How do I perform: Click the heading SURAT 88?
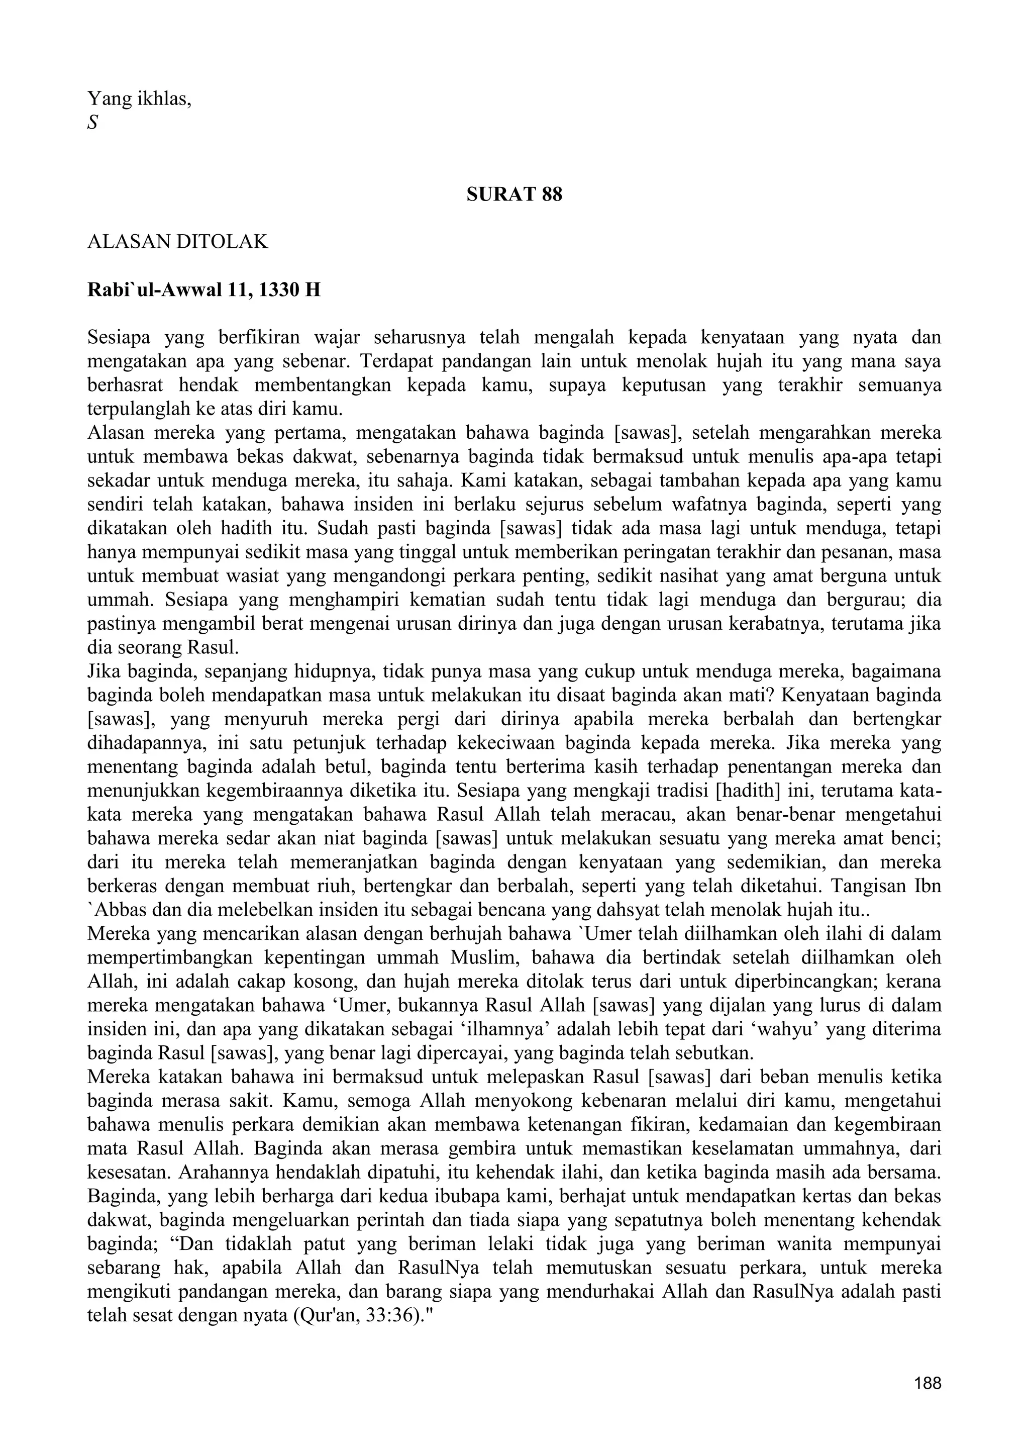pyautogui.click(x=514, y=195)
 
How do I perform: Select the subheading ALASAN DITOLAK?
pyautogui.click(x=177, y=242)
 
